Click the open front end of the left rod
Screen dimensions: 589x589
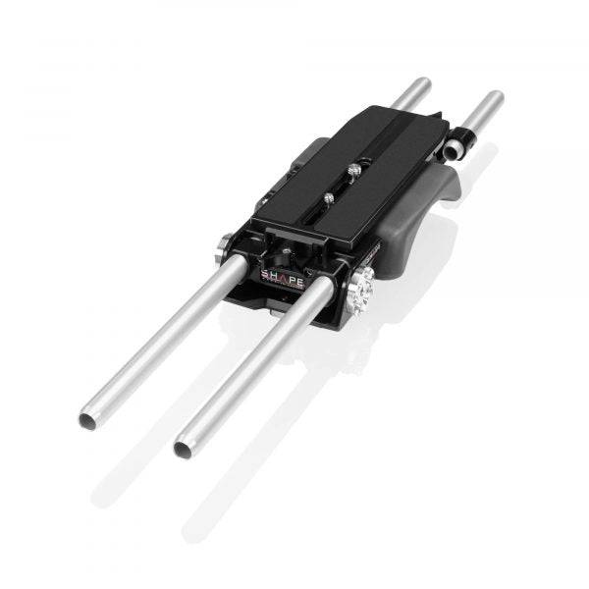[87, 420]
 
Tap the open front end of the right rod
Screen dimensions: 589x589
[183, 448]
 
